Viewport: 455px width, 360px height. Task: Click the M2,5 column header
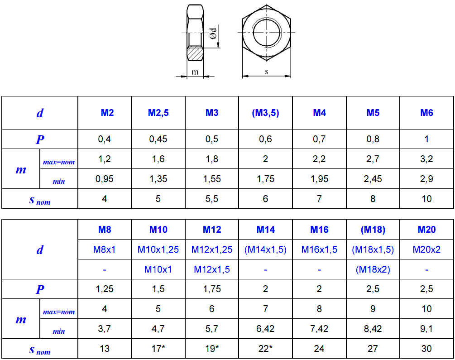158,113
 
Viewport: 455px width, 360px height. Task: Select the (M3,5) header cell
265,113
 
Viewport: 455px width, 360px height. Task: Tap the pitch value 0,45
158,139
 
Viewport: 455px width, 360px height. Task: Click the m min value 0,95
105,179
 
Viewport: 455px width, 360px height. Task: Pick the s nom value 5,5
212,199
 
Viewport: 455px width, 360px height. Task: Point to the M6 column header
426,113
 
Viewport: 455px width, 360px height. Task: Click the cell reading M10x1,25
158,250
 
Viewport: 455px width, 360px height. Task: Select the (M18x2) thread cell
373,269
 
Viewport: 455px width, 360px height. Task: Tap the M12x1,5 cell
212,269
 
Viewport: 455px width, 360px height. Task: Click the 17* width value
158,348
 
